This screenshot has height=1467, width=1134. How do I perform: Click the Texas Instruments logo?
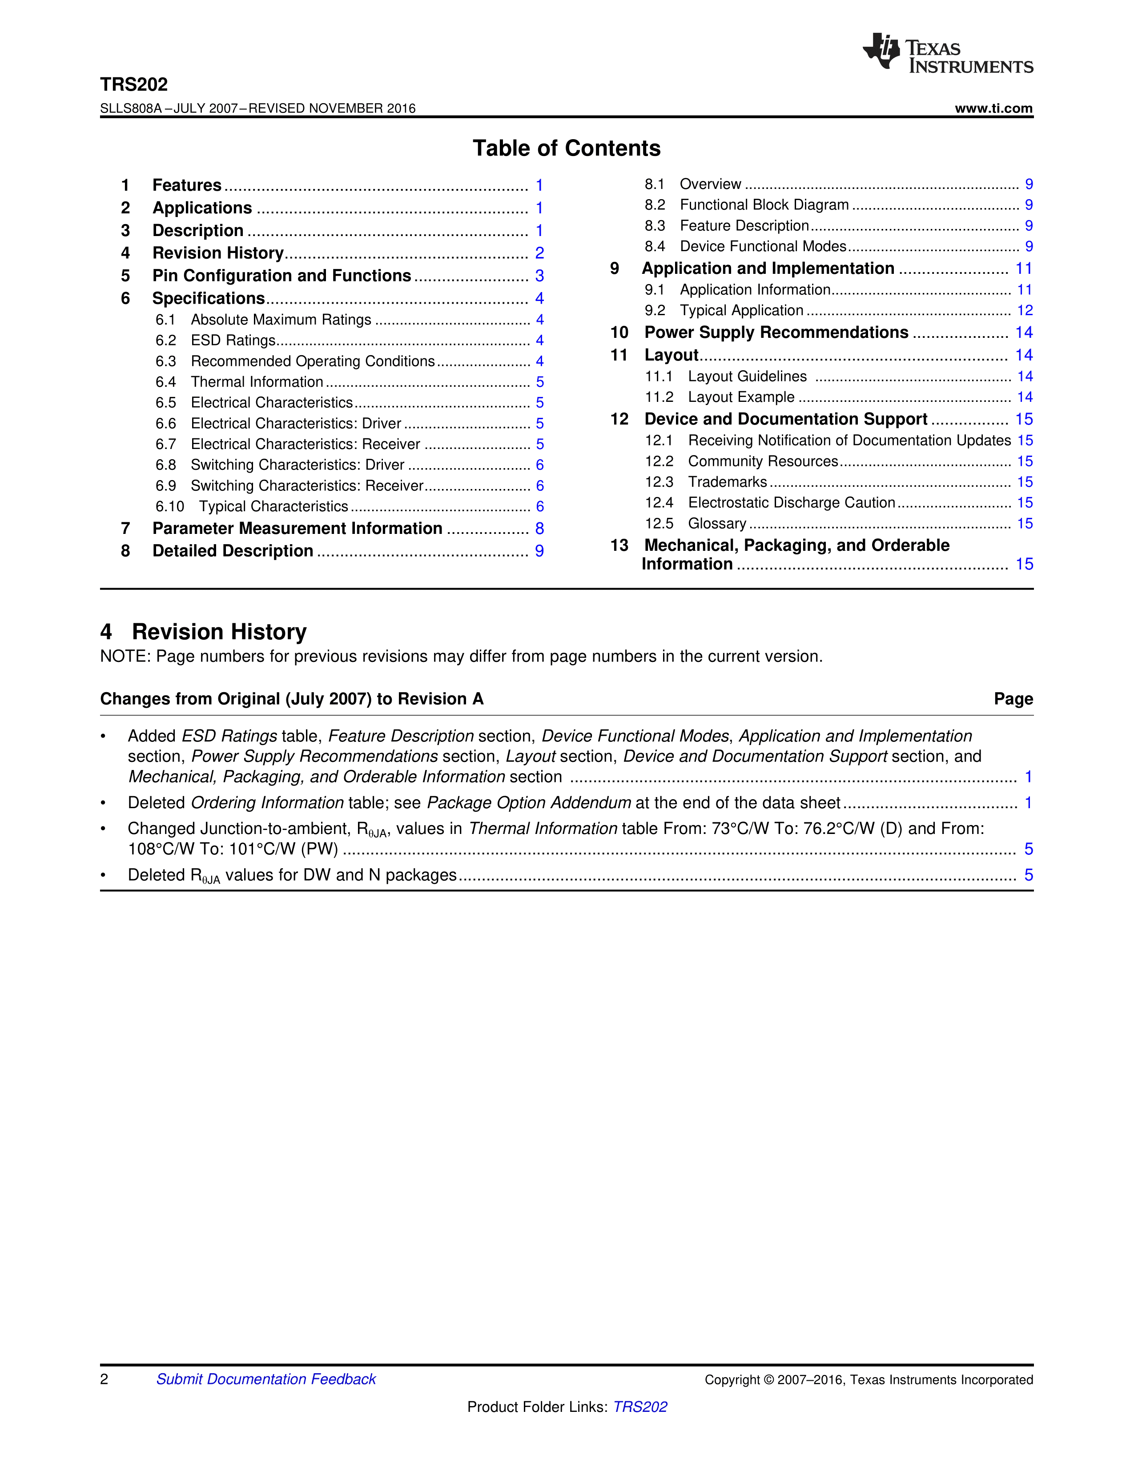click(947, 53)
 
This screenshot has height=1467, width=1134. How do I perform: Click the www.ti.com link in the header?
click(993, 108)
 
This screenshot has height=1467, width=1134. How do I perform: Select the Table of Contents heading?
click(566, 148)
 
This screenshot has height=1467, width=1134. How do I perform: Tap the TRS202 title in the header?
click(134, 84)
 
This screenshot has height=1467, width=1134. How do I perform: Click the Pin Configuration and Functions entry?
click(281, 276)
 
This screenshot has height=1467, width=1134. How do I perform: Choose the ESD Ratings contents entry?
click(233, 341)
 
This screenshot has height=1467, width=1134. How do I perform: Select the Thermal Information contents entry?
click(257, 382)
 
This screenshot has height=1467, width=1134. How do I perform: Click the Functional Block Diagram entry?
click(764, 205)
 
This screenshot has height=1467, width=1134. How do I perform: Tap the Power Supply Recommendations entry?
click(776, 333)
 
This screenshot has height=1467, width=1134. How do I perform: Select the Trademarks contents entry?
click(728, 482)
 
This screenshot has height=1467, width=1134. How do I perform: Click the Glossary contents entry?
click(717, 524)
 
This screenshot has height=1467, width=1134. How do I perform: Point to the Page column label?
click(1013, 699)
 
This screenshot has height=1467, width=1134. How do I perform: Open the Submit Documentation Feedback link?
click(266, 1379)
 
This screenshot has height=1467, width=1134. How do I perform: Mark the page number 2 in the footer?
click(104, 1379)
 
